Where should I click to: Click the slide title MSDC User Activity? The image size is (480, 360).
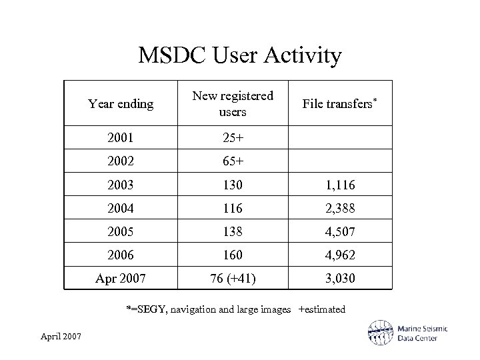click(240, 56)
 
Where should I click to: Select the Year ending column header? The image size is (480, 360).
click(121, 103)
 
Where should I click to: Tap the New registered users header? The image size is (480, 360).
click(233, 104)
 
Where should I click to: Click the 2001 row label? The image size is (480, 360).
click(120, 138)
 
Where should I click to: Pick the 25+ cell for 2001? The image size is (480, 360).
click(233, 138)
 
